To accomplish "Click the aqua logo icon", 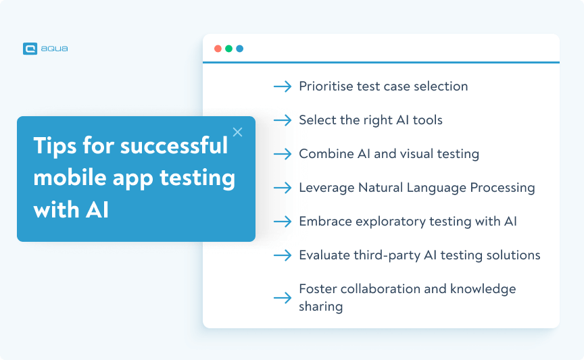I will (29, 49).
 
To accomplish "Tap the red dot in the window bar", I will (218, 49).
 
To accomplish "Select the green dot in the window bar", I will (228, 49).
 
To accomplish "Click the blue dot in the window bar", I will (239, 49).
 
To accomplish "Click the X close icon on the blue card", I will (237, 132).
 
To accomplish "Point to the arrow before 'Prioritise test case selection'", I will (282, 86).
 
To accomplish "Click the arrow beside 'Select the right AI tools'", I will (282, 120).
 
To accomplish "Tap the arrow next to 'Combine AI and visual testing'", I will (282, 154).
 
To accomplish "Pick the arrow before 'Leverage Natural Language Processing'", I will (282, 188).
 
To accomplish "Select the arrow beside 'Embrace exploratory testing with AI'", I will (282, 222).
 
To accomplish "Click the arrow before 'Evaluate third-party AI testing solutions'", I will (282, 255).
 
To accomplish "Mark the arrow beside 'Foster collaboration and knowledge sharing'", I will (282, 298).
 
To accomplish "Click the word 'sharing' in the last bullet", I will (320, 307).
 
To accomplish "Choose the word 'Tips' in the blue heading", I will (55, 146).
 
